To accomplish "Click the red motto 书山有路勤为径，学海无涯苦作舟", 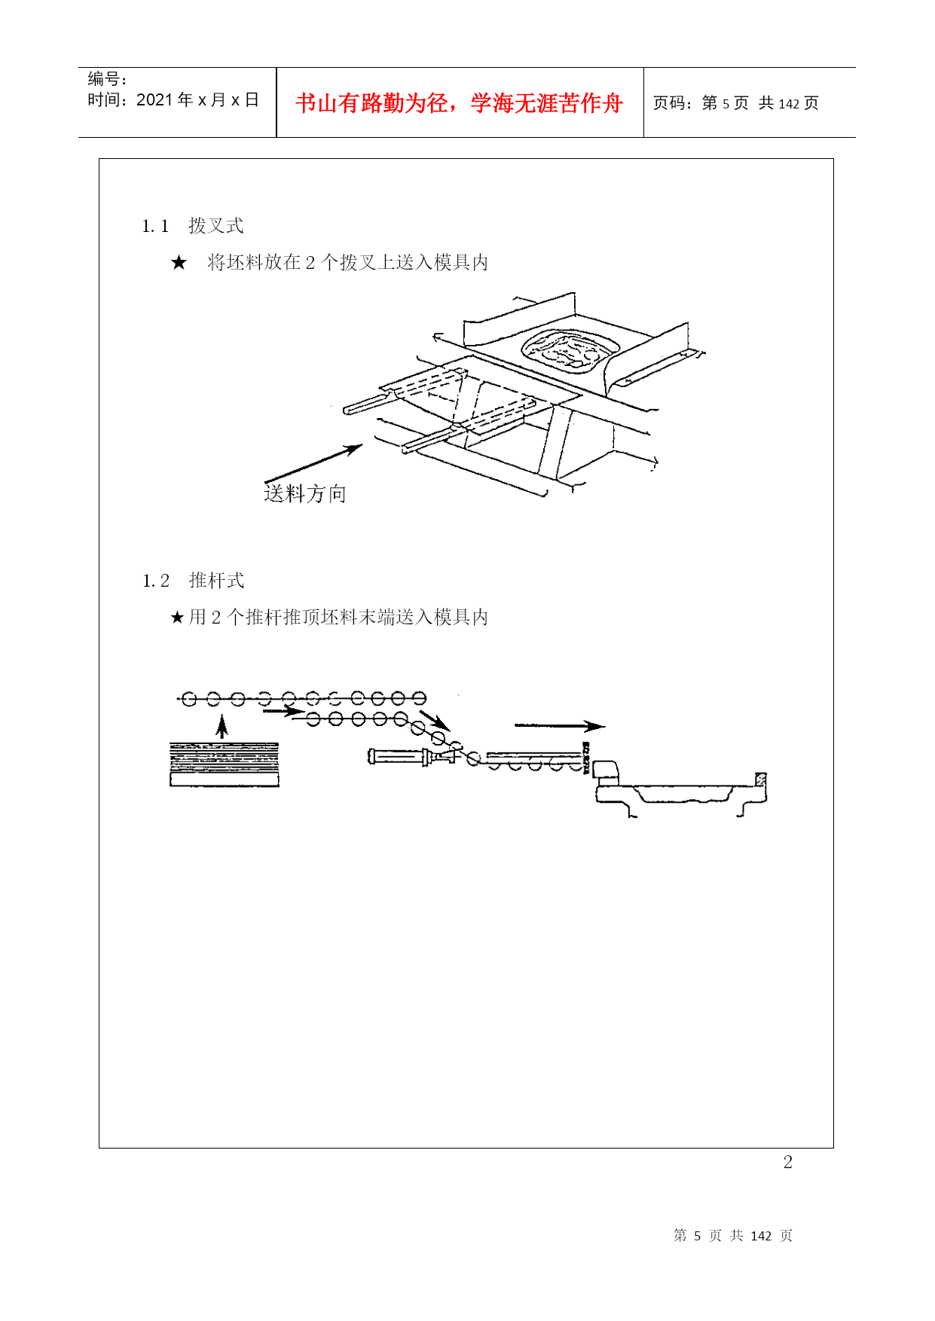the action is coord(459,103).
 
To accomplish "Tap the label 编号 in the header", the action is coord(104,79).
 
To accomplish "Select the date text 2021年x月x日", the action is coord(198,100).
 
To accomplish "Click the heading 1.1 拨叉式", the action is coord(193,226).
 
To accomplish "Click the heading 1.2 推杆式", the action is coord(194,581).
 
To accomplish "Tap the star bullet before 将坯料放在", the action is coord(179,262).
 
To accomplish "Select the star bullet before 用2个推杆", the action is coord(177,618).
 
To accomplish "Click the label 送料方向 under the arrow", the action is coord(305,494).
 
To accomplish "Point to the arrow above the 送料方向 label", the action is coord(313,463).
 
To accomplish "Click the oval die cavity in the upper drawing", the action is coord(570,351).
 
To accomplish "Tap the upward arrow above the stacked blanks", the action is coord(222,727).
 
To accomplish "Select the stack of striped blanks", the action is coord(225,764).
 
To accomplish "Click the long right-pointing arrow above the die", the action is coord(560,726).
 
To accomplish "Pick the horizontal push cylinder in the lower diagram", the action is coord(411,756).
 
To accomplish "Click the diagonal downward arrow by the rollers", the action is coord(435,721).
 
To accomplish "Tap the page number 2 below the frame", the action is coord(788,1162).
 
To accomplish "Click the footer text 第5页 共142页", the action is coord(733,1236).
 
